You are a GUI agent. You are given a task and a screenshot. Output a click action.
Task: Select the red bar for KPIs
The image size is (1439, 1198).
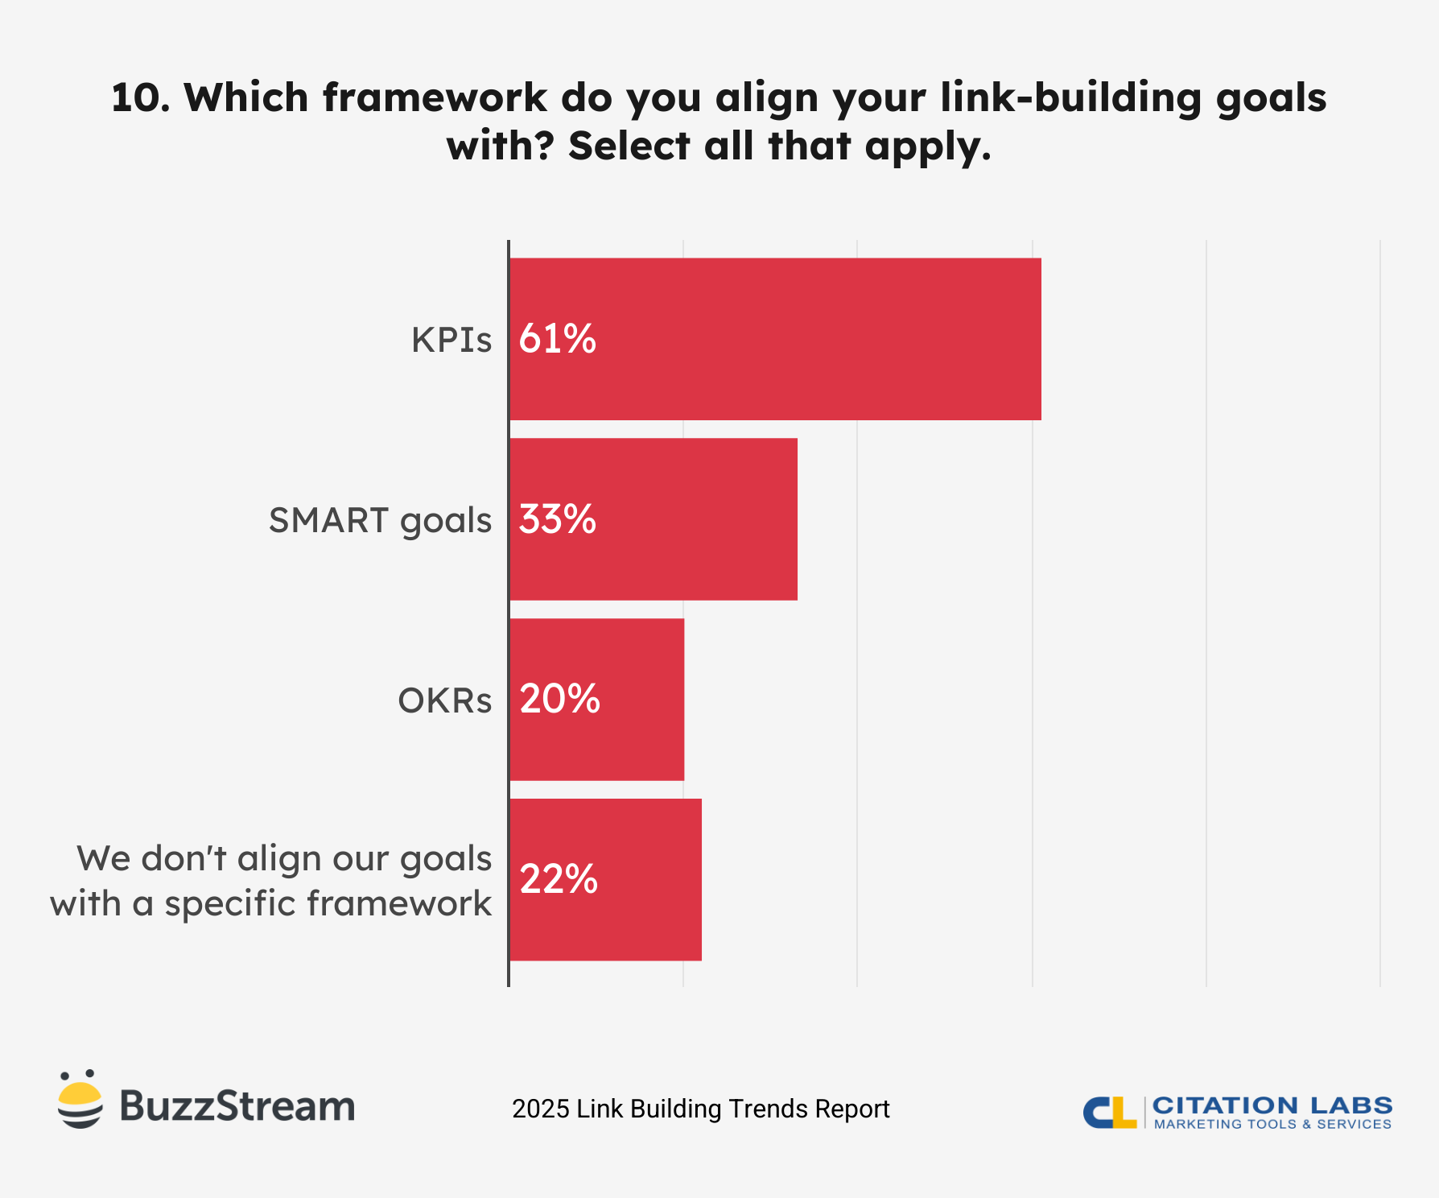[805, 339]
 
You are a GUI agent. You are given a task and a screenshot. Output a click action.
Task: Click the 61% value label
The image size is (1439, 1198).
[557, 339]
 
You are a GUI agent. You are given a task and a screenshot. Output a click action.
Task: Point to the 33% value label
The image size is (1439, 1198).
[557, 519]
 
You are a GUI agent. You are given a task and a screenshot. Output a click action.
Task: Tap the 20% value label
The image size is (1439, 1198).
[559, 700]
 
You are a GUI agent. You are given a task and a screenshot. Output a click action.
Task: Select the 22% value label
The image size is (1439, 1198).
[559, 879]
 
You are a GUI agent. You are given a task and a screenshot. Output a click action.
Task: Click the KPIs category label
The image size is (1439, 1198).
[451, 340]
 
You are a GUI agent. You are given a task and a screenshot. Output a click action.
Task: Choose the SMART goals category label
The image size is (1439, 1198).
[380, 521]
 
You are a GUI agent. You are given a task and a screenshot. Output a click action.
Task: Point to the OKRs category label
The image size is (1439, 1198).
[445, 701]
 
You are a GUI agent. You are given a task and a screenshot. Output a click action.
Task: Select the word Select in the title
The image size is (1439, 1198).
[629, 147]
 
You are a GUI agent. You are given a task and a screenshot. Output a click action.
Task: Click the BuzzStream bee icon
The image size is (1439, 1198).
[80, 1100]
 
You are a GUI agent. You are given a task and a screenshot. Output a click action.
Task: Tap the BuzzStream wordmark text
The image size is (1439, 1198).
[237, 1106]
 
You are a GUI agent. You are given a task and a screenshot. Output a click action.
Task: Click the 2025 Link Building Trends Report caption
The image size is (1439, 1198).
[700, 1109]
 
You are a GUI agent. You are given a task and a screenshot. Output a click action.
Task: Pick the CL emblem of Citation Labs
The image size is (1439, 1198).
[1109, 1112]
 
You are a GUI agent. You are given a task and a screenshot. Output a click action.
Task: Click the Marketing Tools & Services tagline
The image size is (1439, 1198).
[1272, 1124]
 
